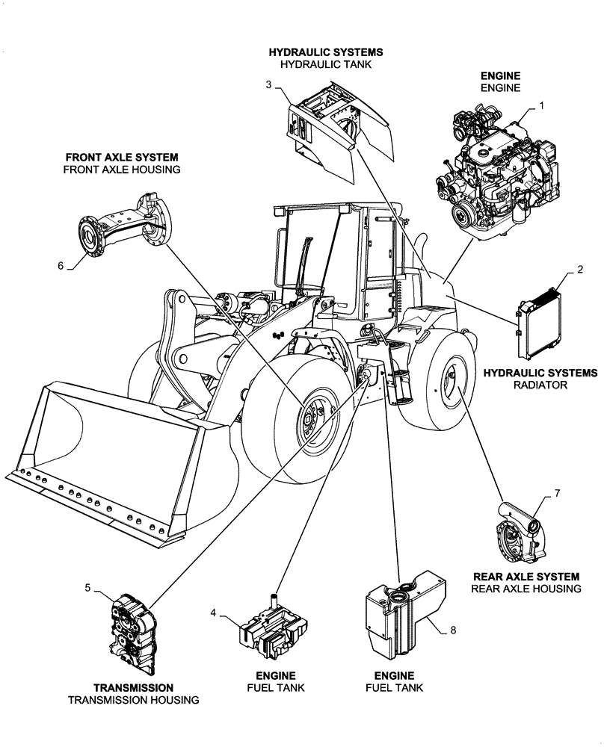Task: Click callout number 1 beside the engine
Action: [541, 106]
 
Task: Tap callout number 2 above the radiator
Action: [580, 269]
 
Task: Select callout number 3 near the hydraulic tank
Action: [268, 84]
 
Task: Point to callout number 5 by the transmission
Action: [87, 588]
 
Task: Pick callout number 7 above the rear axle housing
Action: [556, 494]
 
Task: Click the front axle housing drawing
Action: [123, 228]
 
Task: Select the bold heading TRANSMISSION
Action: [134, 687]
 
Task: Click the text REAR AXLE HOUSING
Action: [526, 589]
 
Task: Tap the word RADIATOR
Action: [540, 385]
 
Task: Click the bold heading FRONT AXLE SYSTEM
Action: [122, 158]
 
